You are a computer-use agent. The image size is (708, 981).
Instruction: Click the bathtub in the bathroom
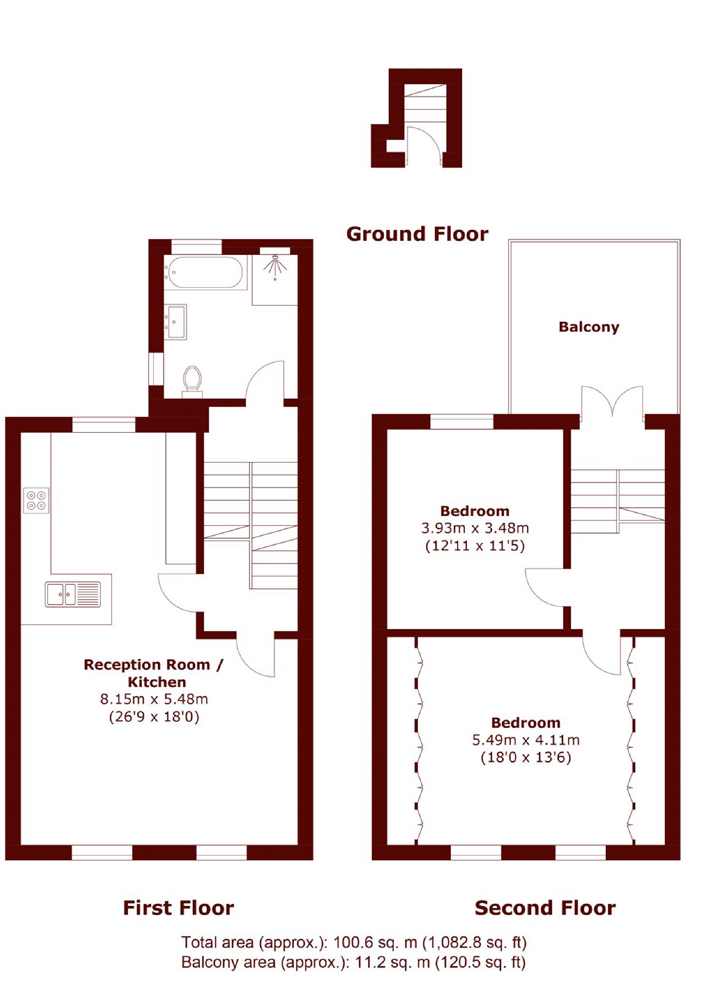click(204, 273)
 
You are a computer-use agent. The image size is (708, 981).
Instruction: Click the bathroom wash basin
click(175, 321)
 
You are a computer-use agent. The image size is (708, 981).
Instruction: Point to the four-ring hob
click(36, 500)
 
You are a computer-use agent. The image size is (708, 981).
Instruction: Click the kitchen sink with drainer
click(73, 594)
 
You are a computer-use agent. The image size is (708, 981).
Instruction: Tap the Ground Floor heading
click(417, 234)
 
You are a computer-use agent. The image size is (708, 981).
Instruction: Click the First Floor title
click(178, 907)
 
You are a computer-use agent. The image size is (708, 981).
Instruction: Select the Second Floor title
click(545, 907)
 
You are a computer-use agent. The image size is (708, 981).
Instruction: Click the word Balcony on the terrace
click(588, 327)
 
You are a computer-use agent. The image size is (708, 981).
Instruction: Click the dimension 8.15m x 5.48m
click(154, 699)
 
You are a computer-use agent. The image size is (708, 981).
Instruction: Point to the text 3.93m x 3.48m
click(475, 528)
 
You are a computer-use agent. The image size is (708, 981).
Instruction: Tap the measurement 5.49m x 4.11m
click(525, 739)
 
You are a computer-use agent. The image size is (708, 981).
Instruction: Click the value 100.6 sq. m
click(375, 942)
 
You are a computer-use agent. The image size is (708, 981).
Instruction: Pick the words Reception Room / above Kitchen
click(154, 664)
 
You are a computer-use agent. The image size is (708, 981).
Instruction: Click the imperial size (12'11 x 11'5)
click(475, 546)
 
